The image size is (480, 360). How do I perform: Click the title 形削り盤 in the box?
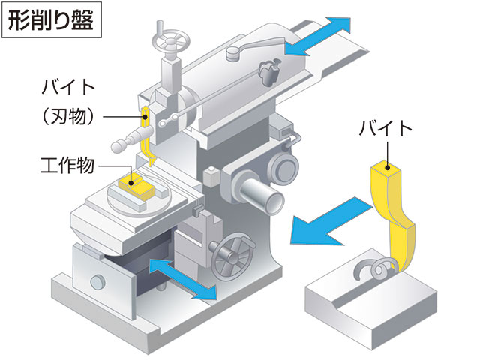click(51, 20)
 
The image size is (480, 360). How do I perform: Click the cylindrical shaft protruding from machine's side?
click(262, 197)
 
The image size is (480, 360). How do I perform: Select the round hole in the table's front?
click(97, 281)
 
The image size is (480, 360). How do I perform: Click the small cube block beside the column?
click(211, 177)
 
